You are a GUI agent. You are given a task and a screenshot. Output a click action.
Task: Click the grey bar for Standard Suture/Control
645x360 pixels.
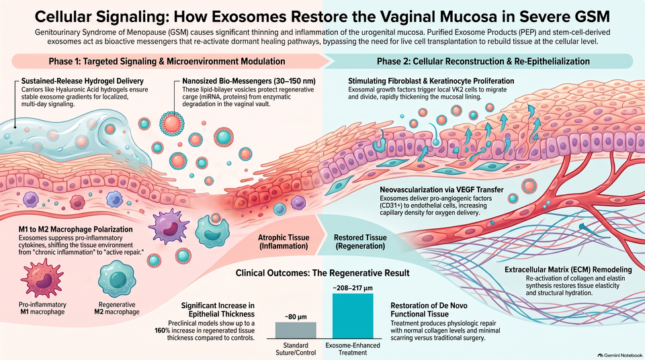pos(296,330)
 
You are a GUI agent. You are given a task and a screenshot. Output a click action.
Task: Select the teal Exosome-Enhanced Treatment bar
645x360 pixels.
pos(353,316)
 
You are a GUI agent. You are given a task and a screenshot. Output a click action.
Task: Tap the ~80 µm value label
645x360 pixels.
pos(296,317)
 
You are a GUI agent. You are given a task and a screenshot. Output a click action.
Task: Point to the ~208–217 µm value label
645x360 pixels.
pos(353,288)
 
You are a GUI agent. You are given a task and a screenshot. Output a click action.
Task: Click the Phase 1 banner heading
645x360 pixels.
pos(167,61)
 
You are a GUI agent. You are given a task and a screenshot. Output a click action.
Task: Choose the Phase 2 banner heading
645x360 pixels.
pos(483,61)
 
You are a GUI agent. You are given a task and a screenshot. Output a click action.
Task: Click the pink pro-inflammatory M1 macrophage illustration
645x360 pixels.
pos(42,279)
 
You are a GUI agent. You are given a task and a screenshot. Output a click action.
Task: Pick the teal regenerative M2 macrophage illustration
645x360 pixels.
pos(117,279)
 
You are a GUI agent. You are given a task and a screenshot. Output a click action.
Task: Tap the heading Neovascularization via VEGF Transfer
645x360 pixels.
pos(441,189)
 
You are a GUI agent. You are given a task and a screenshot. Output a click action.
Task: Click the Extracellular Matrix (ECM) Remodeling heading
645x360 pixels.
pos(568,270)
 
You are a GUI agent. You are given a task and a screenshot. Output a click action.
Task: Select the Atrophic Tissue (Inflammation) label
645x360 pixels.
pos(284,242)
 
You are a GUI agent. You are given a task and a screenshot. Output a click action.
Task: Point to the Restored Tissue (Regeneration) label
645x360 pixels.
pos(360,242)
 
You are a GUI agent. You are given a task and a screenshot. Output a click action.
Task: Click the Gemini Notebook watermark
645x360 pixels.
pos(620,355)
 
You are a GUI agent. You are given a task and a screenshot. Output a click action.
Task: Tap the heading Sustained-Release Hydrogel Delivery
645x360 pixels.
pos(82,81)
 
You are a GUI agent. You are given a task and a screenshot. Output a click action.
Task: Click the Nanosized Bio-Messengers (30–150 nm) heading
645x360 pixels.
pos(249,81)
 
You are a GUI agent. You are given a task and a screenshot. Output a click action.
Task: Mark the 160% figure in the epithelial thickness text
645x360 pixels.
pos(163,330)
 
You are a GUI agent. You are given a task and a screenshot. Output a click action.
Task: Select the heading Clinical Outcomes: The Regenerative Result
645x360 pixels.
pos(322,273)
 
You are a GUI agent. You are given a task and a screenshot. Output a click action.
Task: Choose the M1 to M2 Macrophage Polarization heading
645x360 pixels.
pos(76,229)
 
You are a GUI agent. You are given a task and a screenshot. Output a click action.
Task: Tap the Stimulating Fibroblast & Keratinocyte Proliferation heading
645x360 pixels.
pos(431,81)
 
